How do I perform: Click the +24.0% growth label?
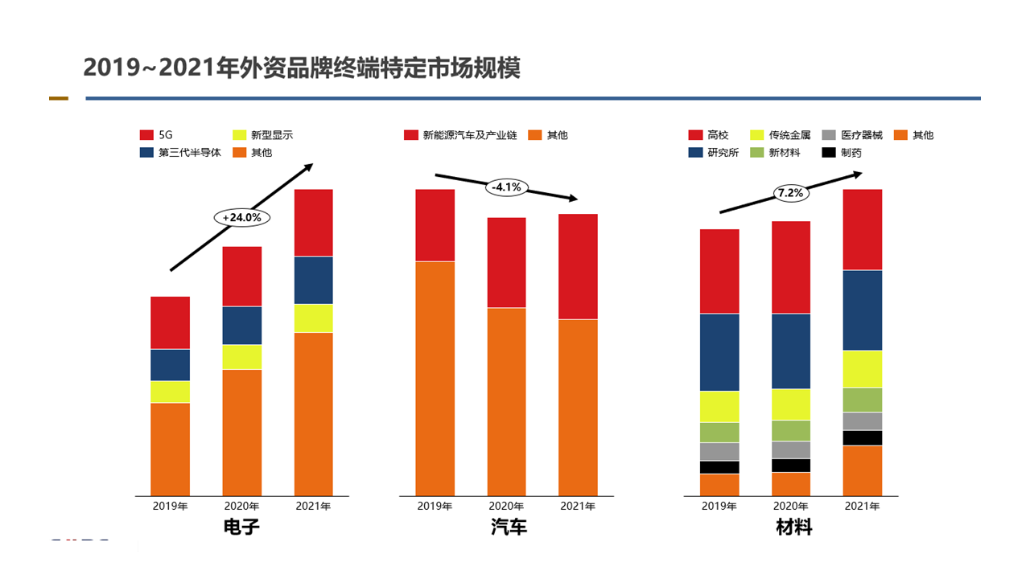click(x=242, y=217)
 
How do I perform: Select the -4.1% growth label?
click(x=507, y=187)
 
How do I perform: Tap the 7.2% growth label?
click(x=790, y=193)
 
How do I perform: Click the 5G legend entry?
click(x=158, y=135)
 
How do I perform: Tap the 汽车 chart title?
click(x=509, y=528)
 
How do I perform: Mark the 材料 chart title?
click(x=794, y=528)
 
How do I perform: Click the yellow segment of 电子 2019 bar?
click(x=170, y=392)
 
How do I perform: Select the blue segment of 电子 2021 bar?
click(x=313, y=280)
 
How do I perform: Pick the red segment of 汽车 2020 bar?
click(x=506, y=262)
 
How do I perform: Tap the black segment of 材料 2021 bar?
click(x=862, y=437)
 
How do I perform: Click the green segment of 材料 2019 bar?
click(x=719, y=432)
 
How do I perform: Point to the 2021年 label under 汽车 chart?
click(x=578, y=507)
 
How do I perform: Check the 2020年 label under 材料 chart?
click(x=791, y=507)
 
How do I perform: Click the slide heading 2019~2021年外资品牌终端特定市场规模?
click(x=302, y=68)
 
